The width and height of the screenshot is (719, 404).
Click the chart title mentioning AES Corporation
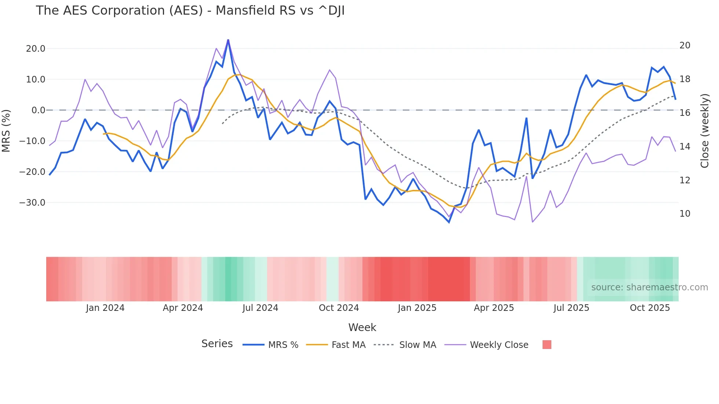tap(190, 11)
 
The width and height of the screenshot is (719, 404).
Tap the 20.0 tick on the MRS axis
tap(36, 49)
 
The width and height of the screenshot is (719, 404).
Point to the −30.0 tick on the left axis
tap(32, 203)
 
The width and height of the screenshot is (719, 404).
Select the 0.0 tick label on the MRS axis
tap(38, 110)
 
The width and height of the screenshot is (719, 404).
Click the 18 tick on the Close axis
tap(685, 79)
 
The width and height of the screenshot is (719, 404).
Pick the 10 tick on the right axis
tap(685, 214)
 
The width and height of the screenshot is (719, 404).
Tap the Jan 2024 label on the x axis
tap(105, 308)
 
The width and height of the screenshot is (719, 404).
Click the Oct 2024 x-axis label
tap(339, 308)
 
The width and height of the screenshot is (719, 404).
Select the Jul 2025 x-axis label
tap(571, 308)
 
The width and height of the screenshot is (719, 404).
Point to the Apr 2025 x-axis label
tap(494, 308)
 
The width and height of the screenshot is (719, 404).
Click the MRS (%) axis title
tap(6, 131)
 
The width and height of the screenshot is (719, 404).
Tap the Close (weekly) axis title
tap(705, 131)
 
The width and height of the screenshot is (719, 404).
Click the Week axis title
tap(362, 327)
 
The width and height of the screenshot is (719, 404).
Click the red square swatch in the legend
tap(547, 345)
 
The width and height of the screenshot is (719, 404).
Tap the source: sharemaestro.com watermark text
tap(649, 287)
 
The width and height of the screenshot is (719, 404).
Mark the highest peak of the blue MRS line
tap(228, 40)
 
